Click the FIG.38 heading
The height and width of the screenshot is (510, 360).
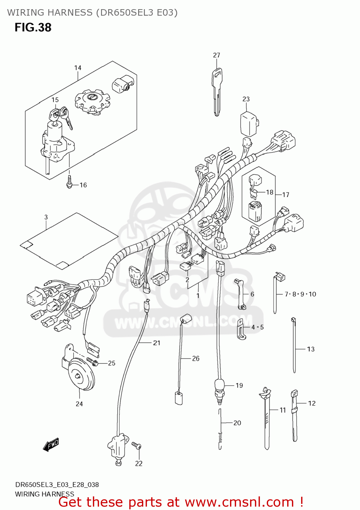33,28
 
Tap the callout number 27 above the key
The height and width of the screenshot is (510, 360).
216,55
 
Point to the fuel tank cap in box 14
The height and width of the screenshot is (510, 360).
93,101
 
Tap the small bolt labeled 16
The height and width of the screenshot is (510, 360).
69,182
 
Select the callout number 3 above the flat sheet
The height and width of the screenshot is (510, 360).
46,217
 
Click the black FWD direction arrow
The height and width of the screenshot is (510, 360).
51,444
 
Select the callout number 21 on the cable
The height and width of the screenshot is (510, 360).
157,343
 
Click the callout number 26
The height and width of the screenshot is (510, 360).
196,358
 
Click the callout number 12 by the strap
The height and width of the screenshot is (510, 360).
312,403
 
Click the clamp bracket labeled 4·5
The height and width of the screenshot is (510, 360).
241,329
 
